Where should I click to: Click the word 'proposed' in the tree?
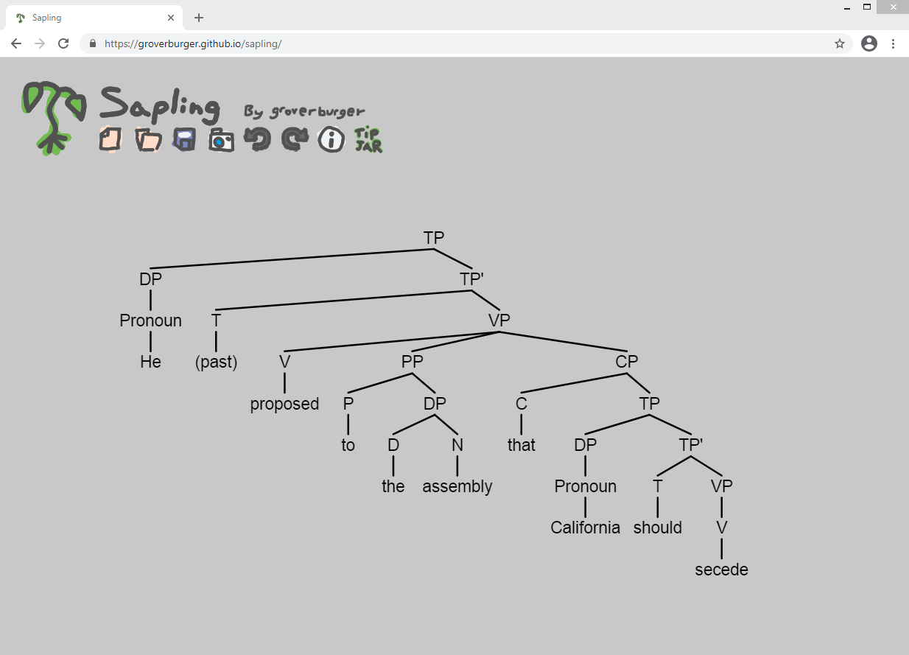click(284, 404)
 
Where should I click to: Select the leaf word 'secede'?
click(721, 570)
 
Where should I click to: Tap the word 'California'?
click(585, 528)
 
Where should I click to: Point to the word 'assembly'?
click(457, 487)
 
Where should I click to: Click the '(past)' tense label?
click(217, 362)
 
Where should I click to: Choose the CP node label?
click(627, 361)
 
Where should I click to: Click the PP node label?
click(413, 361)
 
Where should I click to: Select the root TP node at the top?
click(434, 238)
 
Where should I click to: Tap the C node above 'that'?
click(522, 404)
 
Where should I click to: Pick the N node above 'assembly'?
click(457, 445)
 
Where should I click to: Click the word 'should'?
click(657, 528)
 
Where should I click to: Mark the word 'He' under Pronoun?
click(150, 362)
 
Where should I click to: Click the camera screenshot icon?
click(221, 140)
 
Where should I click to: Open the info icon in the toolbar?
click(331, 139)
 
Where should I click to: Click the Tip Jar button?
click(368, 140)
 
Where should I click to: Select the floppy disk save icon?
click(185, 139)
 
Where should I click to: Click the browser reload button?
click(63, 43)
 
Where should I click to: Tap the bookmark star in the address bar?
click(840, 43)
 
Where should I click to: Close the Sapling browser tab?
click(171, 18)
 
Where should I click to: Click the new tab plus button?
click(199, 18)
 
